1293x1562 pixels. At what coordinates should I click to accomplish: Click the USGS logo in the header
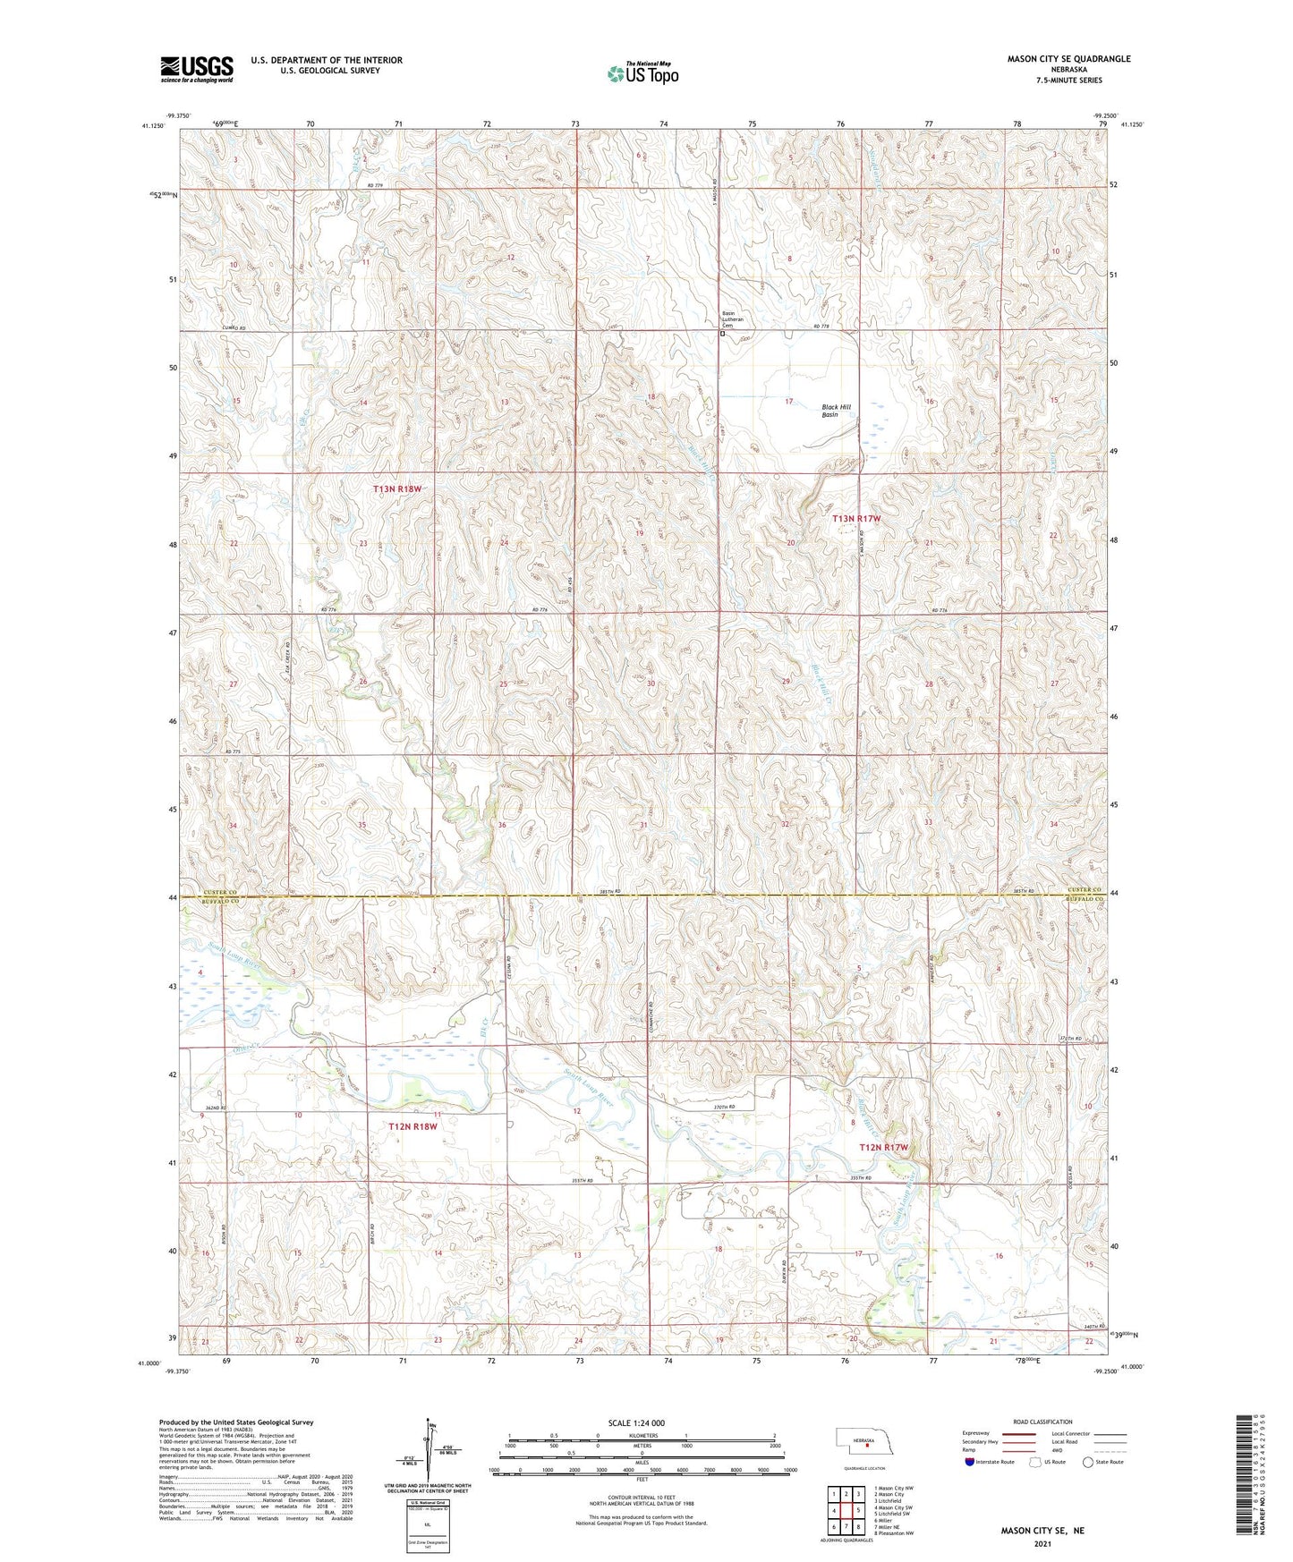(197, 69)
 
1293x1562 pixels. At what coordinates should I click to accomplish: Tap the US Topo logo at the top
(642, 73)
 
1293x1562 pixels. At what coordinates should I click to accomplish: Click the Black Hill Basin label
(837, 411)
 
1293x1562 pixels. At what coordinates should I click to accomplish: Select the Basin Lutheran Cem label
(733, 319)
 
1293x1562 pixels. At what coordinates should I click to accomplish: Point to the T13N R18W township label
(396, 489)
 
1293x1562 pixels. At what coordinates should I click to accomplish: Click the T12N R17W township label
(883, 1147)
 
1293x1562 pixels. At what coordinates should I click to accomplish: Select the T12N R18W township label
(413, 1126)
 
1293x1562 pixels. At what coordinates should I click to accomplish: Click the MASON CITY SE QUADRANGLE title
(1068, 59)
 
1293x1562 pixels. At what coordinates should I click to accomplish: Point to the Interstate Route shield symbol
(969, 1462)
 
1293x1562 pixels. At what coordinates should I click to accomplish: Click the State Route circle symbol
(1088, 1462)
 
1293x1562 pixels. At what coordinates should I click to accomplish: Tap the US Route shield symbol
(1035, 1462)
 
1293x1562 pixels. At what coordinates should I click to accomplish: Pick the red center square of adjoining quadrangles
(846, 1510)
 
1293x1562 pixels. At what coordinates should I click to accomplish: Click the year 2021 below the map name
(1042, 1544)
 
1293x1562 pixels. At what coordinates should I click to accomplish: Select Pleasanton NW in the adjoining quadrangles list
(895, 1533)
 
